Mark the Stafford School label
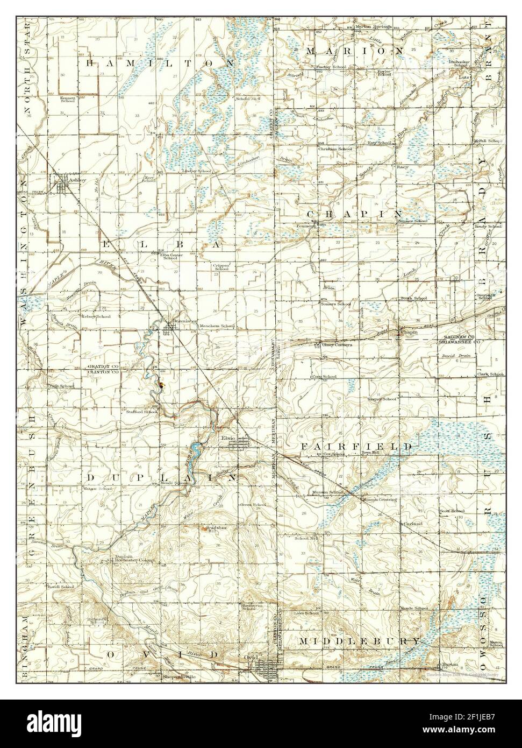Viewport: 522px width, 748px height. [x=142, y=412]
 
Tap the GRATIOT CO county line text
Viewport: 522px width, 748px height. [x=101, y=366]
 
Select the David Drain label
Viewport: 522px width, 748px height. [x=452, y=356]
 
